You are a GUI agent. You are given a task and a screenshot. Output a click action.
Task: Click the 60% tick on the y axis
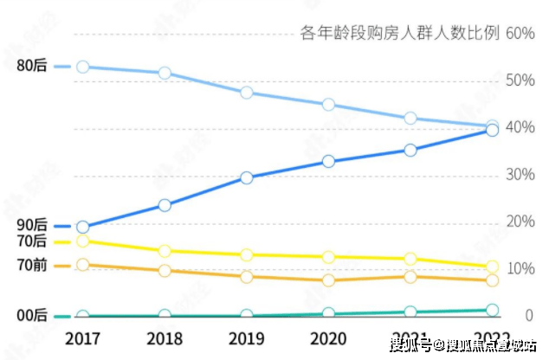click(x=521, y=34)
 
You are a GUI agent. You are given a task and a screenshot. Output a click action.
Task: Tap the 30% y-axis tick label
click(x=521, y=175)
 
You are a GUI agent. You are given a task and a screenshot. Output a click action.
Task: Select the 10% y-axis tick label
click(x=521, y=269)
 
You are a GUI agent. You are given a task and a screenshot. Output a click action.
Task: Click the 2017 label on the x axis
click(x=82, y=337)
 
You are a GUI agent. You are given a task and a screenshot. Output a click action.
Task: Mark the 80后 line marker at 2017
click(x=82, y=67)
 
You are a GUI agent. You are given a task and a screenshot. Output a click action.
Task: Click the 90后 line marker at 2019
click(x=247, y=177)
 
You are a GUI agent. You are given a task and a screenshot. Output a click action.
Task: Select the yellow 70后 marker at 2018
click(x=165, y=251)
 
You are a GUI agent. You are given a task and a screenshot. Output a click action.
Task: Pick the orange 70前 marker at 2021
click(x=410, y=276)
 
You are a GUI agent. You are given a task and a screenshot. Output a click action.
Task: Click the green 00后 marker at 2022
click(x=492, y=310)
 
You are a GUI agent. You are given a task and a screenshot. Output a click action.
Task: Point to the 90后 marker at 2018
click(x=165, y=205)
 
